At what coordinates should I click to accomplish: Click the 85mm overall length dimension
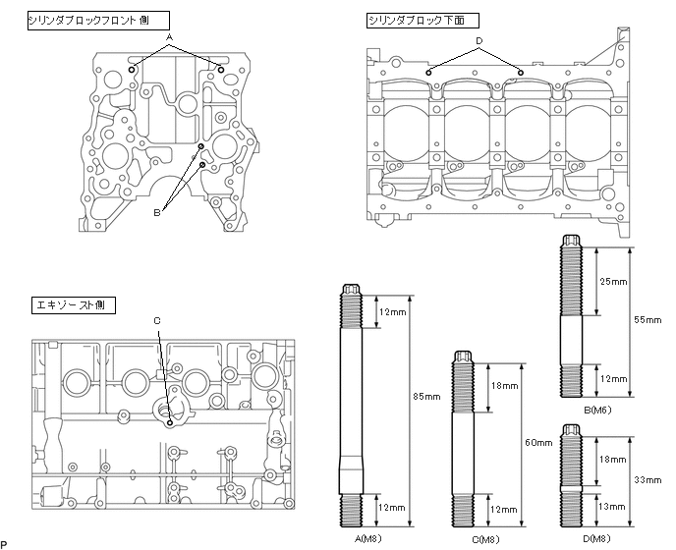pyautogui.click(x=426, y=397)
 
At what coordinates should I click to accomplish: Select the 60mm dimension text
pyautogui.click(x=539, y=443)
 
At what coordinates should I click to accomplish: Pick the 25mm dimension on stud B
pyautogui.click(x=612, y=282)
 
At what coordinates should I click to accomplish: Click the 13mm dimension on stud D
pyautogui.click(x=612, y=506)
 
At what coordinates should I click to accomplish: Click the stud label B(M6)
pyautogui.click(x=575, y=412)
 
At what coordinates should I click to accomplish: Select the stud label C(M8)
pyautogui.click(x=464, y=539)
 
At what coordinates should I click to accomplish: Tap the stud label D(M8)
pyautogui.click(x=575, y=539)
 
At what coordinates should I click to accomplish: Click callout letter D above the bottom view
pyautogui.click(x=479, y=41)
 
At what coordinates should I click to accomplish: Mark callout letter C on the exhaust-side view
pyautogui.click(x=157, y=321)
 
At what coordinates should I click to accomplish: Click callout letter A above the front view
pyautogui.click(x=170, y=36)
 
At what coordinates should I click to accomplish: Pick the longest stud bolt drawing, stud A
pyautogui.click(x=353, y=407)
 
